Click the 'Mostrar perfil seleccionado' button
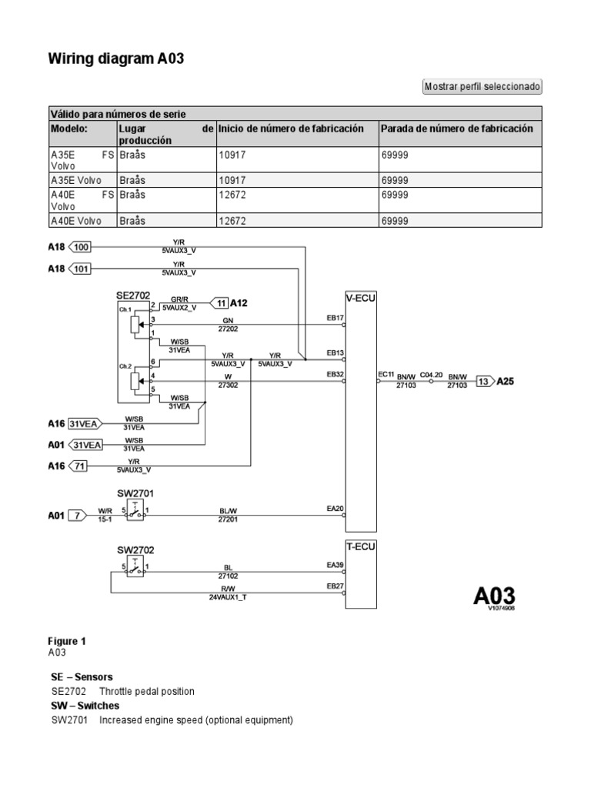[x=482, y=86]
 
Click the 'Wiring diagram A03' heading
[x=118, y=58]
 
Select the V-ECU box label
[x=360, y=297]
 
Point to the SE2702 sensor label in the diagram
[x=133, y=295]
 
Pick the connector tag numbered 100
[x=80, y=247]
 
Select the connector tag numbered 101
[x=80, y=269]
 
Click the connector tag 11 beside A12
[x=220, y=302]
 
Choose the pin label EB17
[x=335, y=317]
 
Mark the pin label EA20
[x=335, y=508]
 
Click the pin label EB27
[x=335, y=586]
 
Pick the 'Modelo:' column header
[x=69, y=129]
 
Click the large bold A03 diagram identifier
[x=493, y=596]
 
